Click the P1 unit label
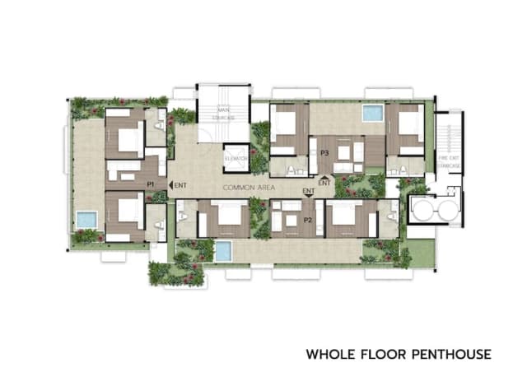pyautogui.click(x=151, y=184)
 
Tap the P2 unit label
pyautogui.click(x=308, y=220)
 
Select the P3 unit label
pyautogui.click(x=324, y=152)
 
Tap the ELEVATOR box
pyautogui.click(x=236, y=156)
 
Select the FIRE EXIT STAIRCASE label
pyautogui.click(x=449, y=162)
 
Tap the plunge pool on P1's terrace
pyautogui.click(x=86, y=220)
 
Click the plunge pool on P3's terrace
pyautogui.click(x=372, y=113)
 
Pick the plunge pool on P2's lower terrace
pyautogui.click(x=222, y=250)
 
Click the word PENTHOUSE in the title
pyautogui.click(x=451, y=355)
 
